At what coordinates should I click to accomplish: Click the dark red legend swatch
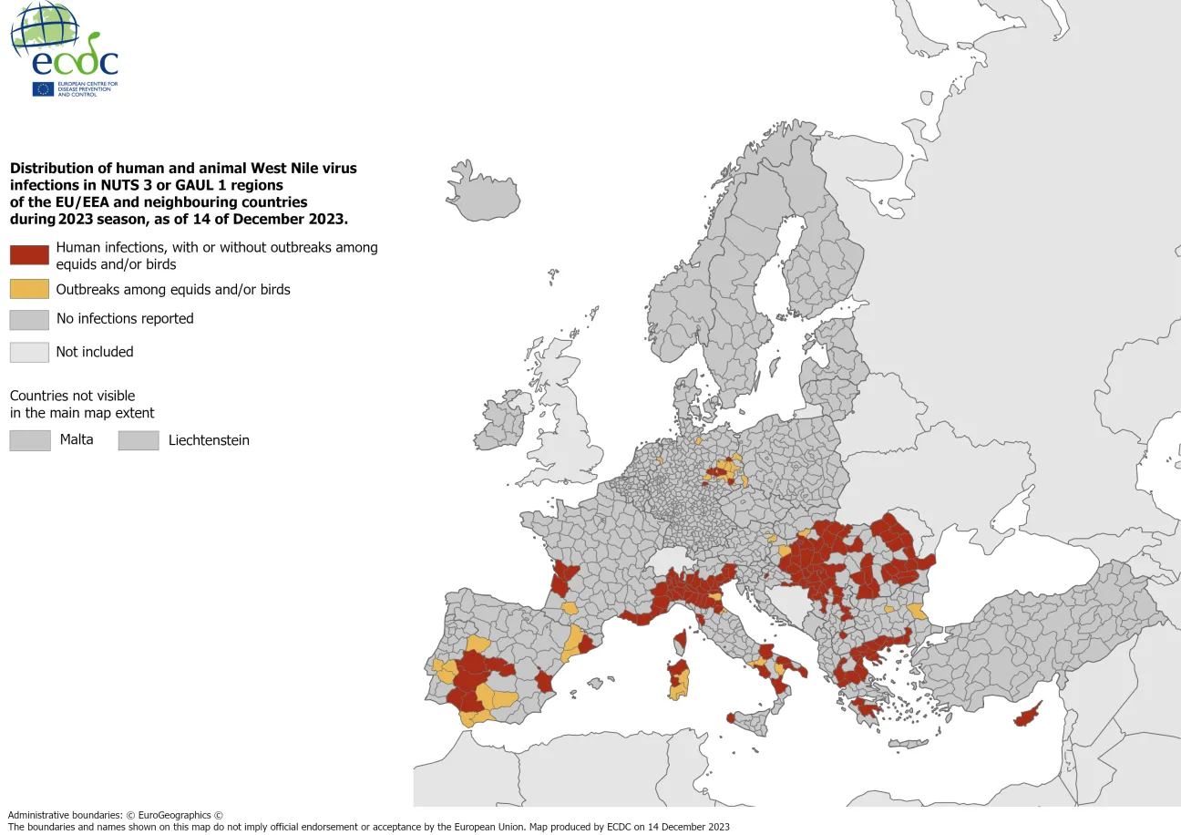(x=29, y=255)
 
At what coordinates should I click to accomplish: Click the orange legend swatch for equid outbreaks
(x=29, y=289)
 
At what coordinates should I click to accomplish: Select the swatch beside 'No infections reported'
(x=29, y=319)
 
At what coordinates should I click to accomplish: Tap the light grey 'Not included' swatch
(x=29, y=352)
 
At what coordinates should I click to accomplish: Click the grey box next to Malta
(x=29, y=440)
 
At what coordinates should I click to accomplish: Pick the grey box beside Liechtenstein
(x=138, y=440)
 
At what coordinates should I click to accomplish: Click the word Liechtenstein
(x=209, y=440)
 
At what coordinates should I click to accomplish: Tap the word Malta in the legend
(x=77, y=440)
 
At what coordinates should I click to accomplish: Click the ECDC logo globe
(x=44, y=27)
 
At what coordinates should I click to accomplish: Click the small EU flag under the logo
(x=43, y=88)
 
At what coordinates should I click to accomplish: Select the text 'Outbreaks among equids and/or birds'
(x=173, y=290)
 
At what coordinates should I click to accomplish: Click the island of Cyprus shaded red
(x=1027, y=716)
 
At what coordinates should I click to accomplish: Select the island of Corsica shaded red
(x=678, y=644)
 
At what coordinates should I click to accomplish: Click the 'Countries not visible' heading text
(x=72, y=396)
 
